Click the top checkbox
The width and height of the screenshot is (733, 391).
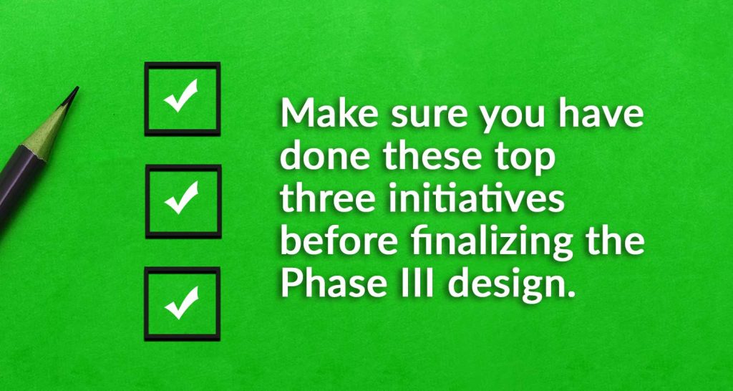183,98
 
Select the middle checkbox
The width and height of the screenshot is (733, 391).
183,201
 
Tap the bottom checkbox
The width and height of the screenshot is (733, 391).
183,304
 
